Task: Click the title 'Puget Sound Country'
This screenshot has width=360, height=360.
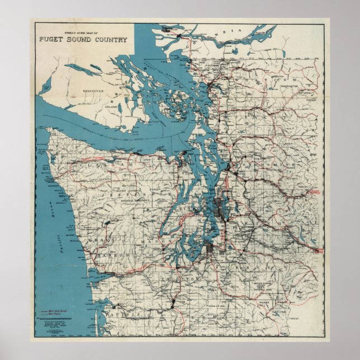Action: (83, 40)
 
